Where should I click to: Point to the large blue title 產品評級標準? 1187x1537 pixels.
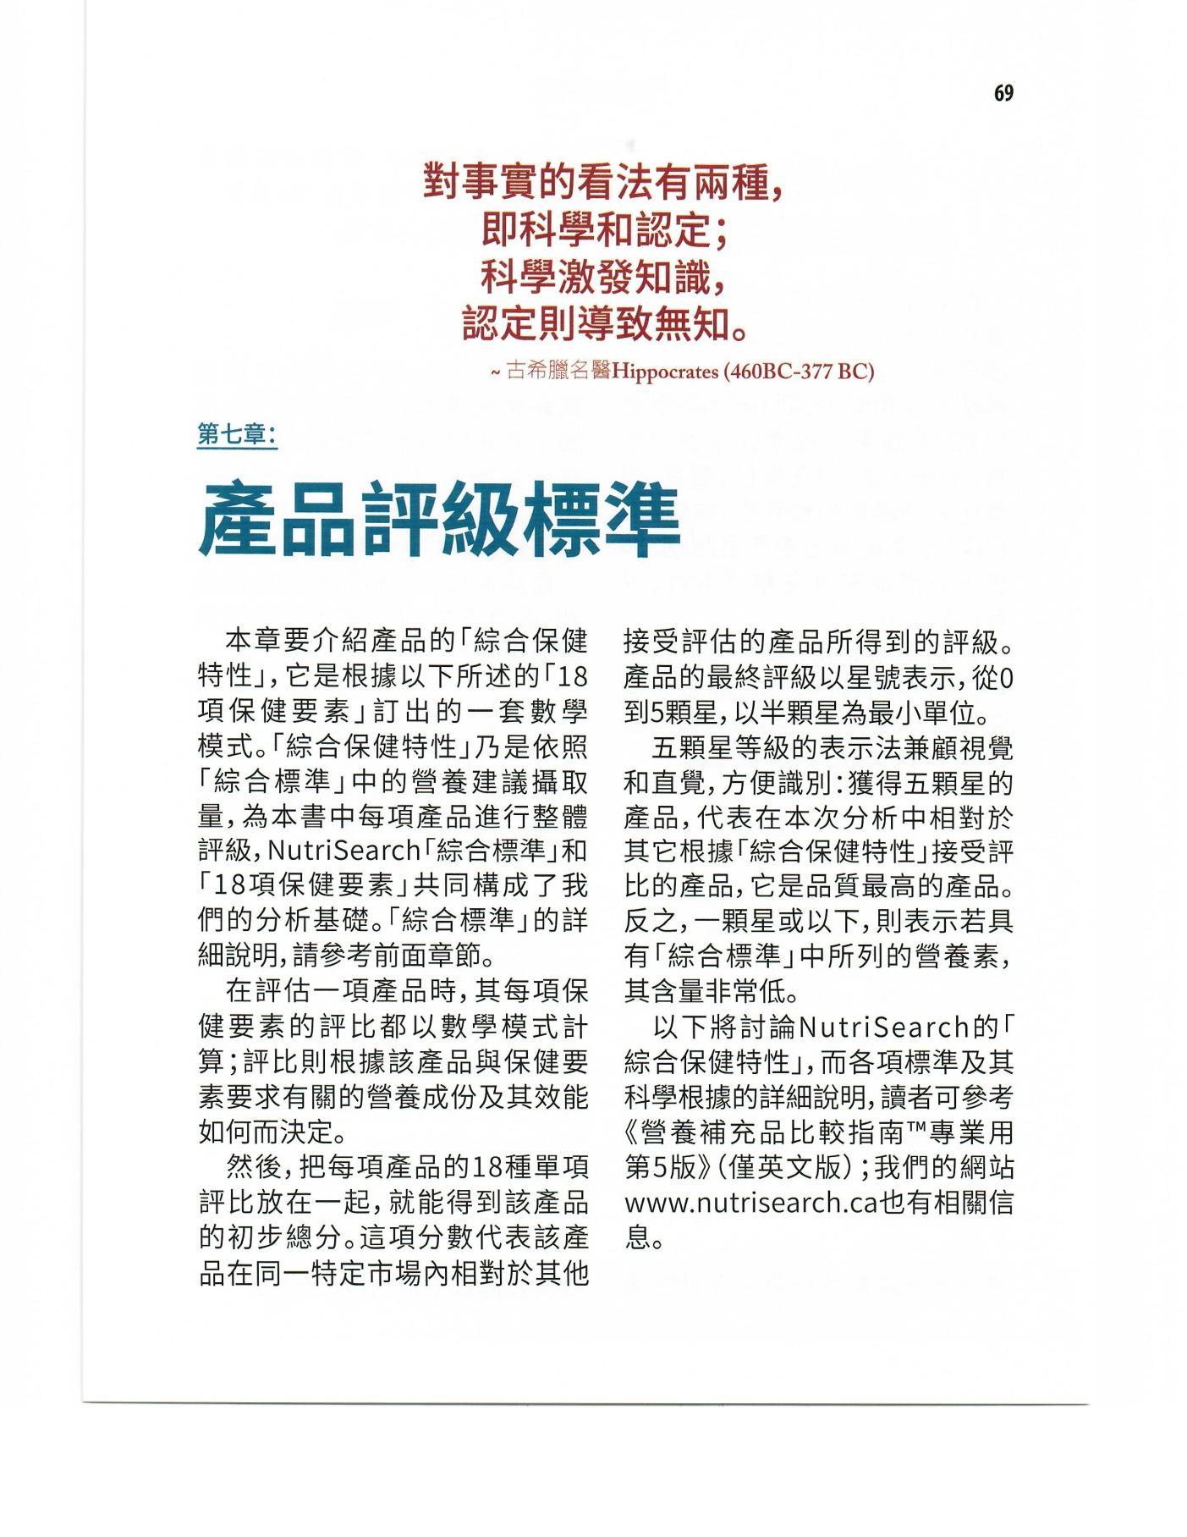(439, 519)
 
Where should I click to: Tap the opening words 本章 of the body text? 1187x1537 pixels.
(254, 642)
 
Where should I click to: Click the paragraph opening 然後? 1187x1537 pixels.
(254, 1167)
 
